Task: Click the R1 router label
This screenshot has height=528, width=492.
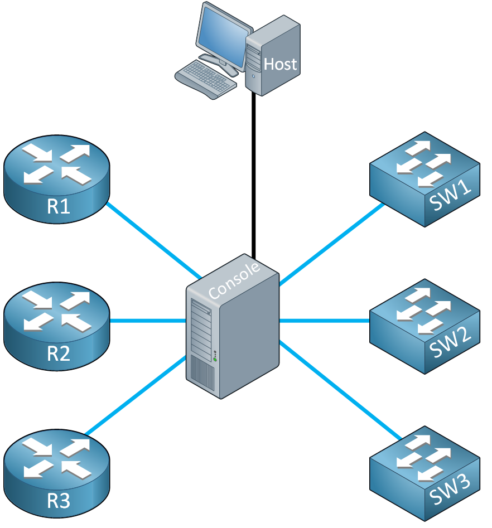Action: [59, 206]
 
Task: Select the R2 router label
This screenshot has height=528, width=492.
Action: [59, 353]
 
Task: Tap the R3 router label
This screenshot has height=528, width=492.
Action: [59, 500]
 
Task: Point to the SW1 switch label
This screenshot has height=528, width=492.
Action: [450, 195]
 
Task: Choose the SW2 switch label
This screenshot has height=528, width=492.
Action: [450, 342]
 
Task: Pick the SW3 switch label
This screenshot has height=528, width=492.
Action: [450, 490]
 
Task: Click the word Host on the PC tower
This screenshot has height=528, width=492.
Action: [280, 64]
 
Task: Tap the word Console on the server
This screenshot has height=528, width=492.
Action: [234, 280]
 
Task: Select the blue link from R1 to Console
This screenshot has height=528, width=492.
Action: [154, 240]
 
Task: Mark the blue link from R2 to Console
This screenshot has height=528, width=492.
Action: [148, 321]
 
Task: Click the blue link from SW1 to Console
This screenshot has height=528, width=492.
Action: [332, 244]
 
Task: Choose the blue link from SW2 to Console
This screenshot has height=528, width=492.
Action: [325, 321]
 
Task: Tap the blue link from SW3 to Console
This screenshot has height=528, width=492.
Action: [340, 390]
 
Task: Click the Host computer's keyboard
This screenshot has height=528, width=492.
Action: [206, 79]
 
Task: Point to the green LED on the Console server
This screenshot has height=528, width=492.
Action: [215, 360]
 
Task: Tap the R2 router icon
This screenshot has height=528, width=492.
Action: [56, 326]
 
